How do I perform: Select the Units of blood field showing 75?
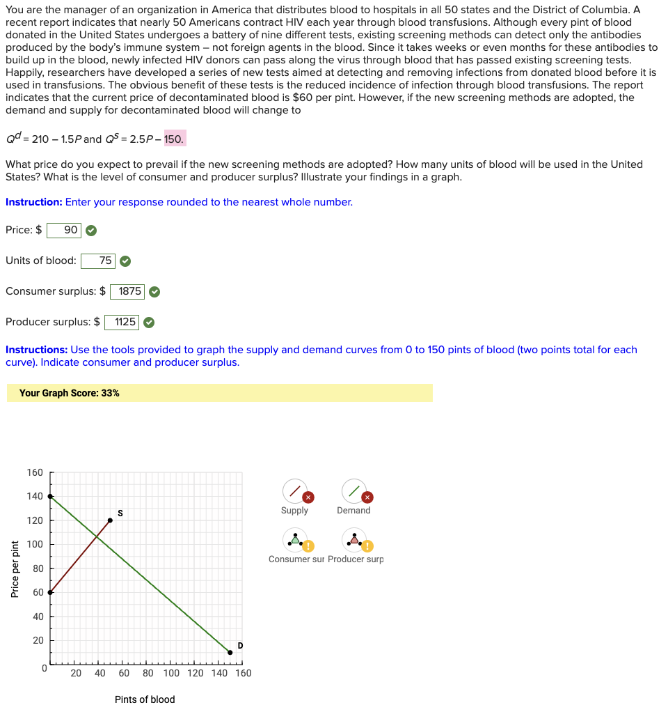pos(98,261)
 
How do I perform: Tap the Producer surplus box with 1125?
pos(122,322)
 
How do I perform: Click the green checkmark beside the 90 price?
pos(91,230)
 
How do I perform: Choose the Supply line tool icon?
pos(295,491)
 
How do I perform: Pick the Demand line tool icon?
pos(354,491)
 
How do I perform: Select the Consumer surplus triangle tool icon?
pos(295,540)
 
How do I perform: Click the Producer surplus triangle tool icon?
pos(354,540)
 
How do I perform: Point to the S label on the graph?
pos(120,513)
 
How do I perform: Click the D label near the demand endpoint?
pos(240,645)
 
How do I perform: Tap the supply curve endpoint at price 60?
pos(49,592)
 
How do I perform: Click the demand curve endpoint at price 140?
pos(49,496)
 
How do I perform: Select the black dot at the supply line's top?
pos(110,520)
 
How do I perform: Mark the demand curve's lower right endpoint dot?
pos(230,653)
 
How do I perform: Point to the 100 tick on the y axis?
pos(35,544)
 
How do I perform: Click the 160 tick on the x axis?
pos(243,673)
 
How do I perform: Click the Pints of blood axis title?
pos(145,699)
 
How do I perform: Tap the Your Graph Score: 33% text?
pos(70,393)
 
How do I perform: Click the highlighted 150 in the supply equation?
pos(174,139)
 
